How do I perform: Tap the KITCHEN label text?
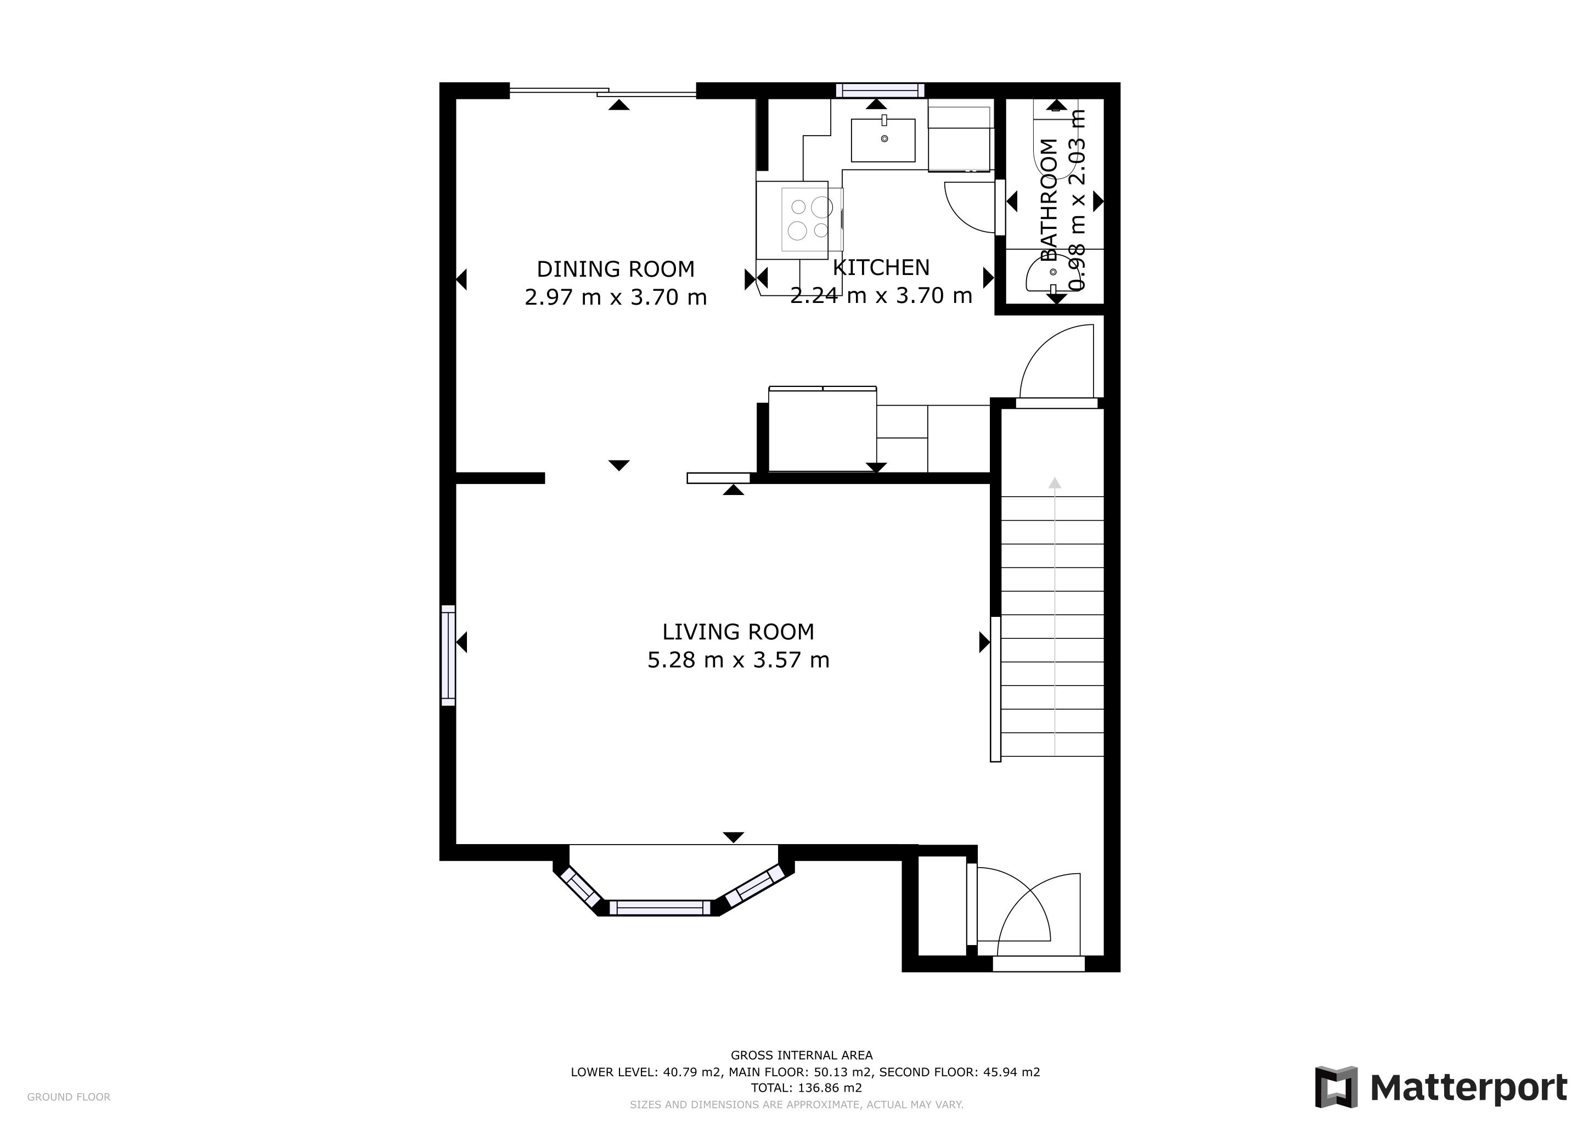pos(881,267)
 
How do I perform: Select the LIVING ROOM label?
pos(738,631)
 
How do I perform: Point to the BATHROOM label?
pos(1049,200)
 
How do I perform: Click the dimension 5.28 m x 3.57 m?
pos(738,660)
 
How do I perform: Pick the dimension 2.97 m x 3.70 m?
pos(615,297)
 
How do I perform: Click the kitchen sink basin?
pos(883,140)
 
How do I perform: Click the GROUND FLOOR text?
pos(69,1097)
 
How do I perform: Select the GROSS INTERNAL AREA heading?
pos(802,1055)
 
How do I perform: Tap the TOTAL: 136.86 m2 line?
pos(806,1087)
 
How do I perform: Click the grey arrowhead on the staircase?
pos(1054,483)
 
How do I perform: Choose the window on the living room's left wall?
pos(448,655)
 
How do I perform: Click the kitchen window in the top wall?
pos(880,91)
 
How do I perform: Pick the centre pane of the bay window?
pos(660,907)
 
